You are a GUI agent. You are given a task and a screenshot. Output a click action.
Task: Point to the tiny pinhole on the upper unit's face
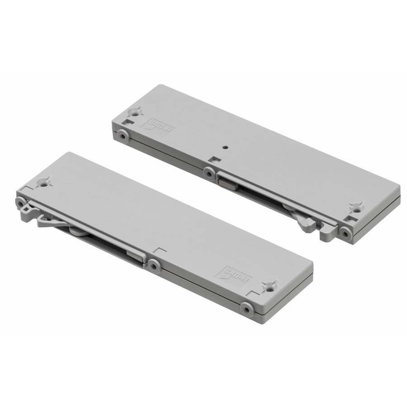pos(225,147)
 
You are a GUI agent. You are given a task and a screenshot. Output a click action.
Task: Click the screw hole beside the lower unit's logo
pos(270,286)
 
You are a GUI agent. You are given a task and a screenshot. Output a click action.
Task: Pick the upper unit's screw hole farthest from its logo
pos(356,208)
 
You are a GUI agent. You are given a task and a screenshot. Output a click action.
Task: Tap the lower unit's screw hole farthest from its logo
pos(44,183)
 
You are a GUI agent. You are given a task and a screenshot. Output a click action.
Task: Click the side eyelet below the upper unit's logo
pos(122,134)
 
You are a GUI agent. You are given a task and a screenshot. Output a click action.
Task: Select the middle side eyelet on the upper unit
pos(208,173)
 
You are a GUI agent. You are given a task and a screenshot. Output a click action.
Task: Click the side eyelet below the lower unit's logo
pos(246,309)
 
